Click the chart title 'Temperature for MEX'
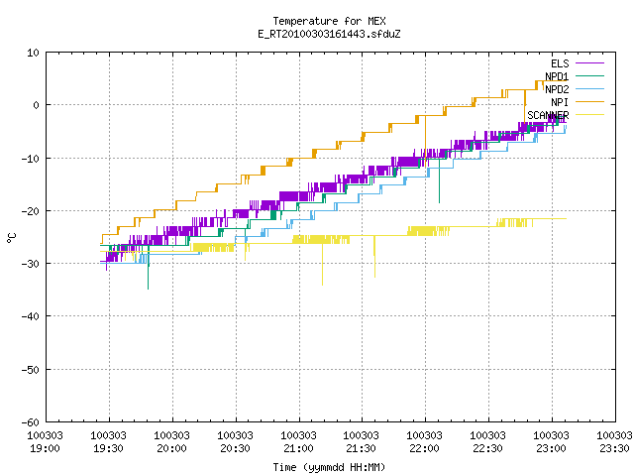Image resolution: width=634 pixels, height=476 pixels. (x=329, y=21)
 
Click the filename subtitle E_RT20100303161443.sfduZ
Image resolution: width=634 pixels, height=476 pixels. (x=329, y=34)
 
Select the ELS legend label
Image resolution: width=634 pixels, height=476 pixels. (x=560, y=63)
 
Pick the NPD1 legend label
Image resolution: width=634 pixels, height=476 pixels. (x=557, y=76)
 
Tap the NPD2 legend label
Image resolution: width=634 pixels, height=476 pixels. (x=557, y=89)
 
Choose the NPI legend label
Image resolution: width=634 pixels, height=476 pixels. (x=560, y=102)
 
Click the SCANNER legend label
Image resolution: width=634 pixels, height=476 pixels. (x=548, y=115)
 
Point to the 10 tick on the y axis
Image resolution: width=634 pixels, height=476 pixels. (x=34, y=53)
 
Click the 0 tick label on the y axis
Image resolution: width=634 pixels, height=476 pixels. (x=37, y=105)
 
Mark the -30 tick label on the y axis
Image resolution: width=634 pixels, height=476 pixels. (x=31, y=264)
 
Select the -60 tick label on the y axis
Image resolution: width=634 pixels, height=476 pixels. (x=31, y=422)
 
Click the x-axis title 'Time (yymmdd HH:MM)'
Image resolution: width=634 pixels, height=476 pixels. (x=329, y=467)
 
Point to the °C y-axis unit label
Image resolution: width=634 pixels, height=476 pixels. (x=11, y=238)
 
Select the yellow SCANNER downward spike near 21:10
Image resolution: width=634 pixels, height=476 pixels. (x=322, y=264)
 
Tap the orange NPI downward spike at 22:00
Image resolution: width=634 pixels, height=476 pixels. (x=425, y=141)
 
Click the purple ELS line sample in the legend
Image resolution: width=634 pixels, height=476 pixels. (x=590, y=63)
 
